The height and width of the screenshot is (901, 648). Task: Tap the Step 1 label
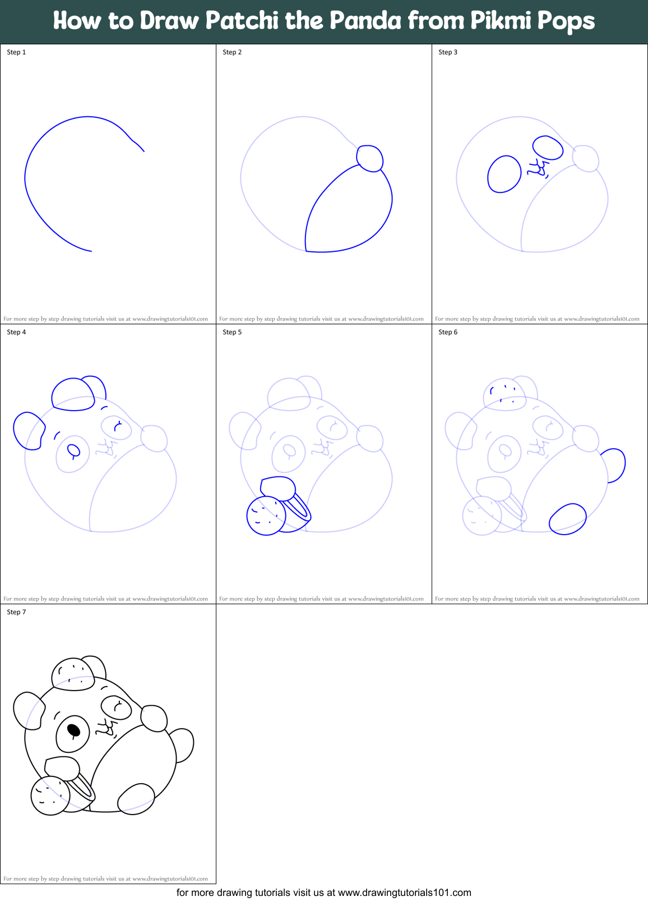pos(16,52)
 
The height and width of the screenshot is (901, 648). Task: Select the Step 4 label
pos(16,332)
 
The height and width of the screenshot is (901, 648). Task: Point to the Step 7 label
pos(16,612)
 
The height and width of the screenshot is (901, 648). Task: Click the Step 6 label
pos(448,332)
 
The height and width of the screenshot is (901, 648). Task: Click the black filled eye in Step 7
pos(73,730)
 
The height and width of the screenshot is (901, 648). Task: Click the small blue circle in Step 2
pos(370,158)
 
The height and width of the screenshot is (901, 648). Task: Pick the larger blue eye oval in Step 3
pos(504,174)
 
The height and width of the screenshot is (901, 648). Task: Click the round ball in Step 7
pos(50,796)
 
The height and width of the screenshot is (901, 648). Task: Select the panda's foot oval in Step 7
pos(136,798)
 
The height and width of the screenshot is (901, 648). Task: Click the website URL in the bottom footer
pos(404,893)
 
